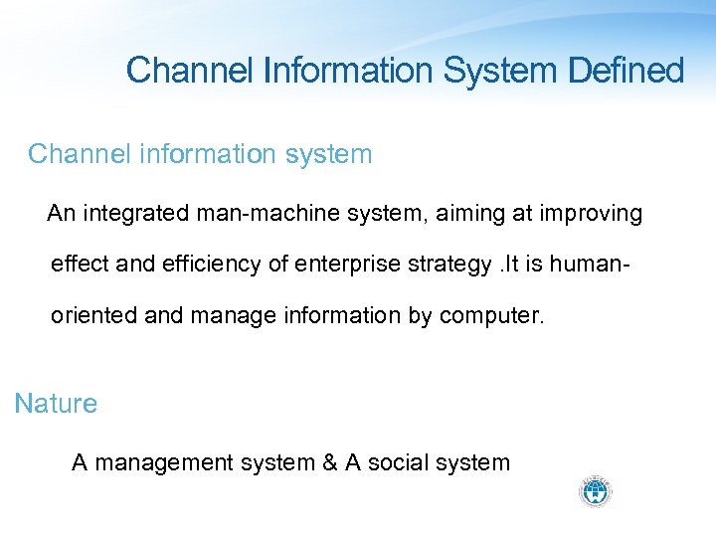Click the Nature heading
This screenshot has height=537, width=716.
[56, 404]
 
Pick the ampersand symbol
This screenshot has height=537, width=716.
[328, 462]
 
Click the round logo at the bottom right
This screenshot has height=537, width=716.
[596, 491]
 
